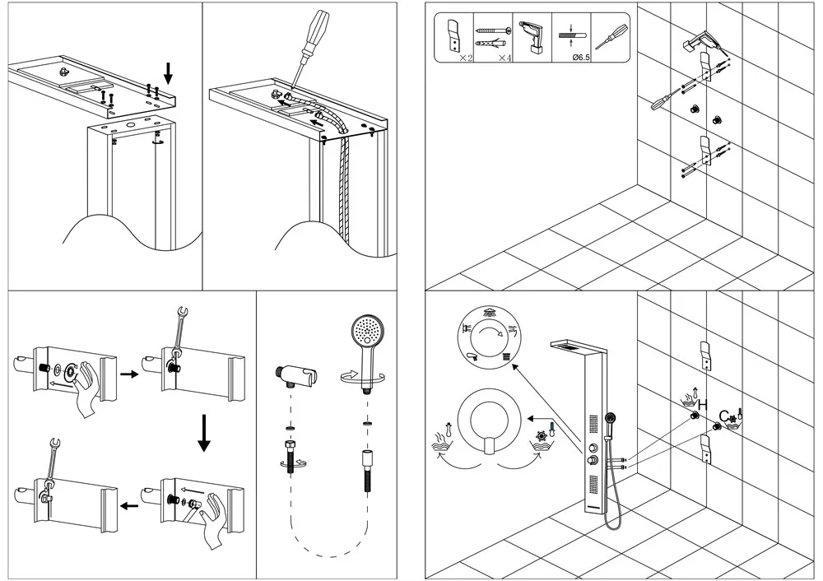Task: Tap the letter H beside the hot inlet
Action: click(x=703, y=404)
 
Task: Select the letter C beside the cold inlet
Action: click(x=723, y=414)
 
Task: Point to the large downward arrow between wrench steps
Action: click(x=203, y=434)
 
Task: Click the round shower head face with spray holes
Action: click(x=367, y=333)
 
